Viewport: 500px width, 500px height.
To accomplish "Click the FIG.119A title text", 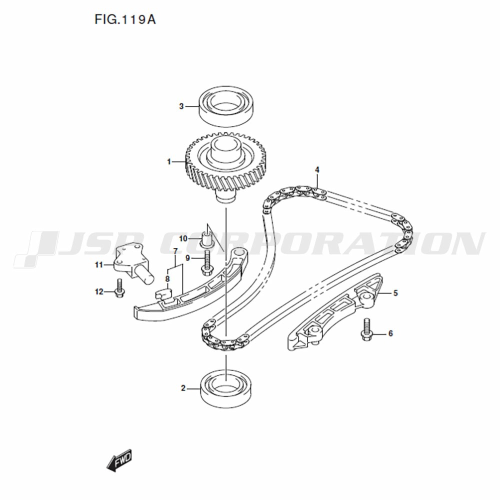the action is (x=125, y=20).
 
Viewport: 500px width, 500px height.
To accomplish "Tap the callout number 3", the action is (x=181, y=106).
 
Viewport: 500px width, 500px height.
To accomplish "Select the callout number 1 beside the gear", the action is (x=169, y=162).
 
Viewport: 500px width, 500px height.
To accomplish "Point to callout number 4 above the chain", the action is (x=317, y=170).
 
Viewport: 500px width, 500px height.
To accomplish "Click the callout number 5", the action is (x=395, y=292).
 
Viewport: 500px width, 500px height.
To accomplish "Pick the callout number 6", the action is (x=390, y=333).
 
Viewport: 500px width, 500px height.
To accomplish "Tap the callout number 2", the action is (x=183, y=388).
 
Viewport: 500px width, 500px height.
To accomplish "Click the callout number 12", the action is (x=99, y=292).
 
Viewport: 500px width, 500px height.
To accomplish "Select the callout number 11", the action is (x=99, y=264).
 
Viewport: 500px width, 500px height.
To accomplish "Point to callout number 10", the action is (x=183, y=238).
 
